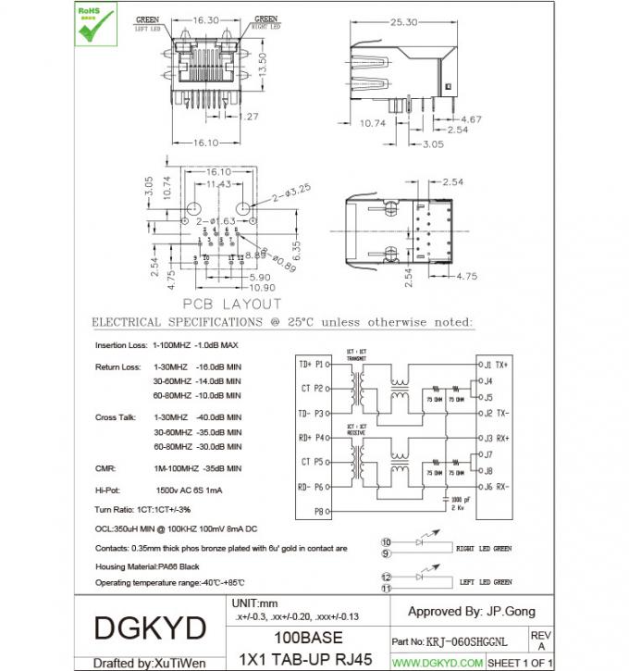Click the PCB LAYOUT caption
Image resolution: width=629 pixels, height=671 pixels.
point(231,304)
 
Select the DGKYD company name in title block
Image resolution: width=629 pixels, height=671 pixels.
point(150,628)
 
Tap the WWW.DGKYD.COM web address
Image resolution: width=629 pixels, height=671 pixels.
point(438,663)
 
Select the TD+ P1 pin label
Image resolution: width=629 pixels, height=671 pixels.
point(311,364)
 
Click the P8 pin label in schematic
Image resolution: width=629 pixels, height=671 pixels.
point(318,510)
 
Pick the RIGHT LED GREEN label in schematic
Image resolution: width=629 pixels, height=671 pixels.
point(483,548)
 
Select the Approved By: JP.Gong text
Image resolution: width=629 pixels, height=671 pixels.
point(471,611)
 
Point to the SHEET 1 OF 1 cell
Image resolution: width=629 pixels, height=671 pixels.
point(519,663)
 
